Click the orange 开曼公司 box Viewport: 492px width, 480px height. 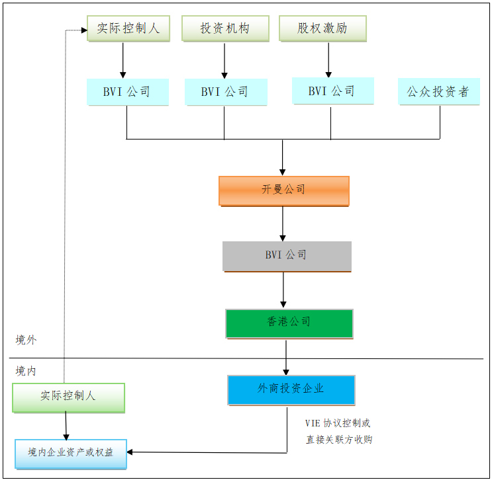[283, 190]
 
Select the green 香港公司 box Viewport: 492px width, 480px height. [289, 323]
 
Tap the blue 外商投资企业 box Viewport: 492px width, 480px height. [291, 389]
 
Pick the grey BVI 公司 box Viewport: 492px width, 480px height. [286, 256]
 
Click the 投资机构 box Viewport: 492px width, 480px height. [225, 29]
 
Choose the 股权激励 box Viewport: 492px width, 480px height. [322, 29]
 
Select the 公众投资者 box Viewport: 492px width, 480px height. [438, 92]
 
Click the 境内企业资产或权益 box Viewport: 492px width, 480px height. [71, 453]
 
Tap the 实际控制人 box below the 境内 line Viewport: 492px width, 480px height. [68, 397]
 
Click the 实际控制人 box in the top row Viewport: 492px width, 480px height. [128, 29]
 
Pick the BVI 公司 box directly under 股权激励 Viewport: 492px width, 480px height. [332, 91]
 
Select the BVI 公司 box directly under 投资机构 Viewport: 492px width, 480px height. [225, 92]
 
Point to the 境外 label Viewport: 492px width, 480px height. [26, 340]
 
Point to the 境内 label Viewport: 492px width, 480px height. [26, 371]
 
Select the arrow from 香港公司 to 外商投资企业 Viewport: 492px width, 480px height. [286, 357]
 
